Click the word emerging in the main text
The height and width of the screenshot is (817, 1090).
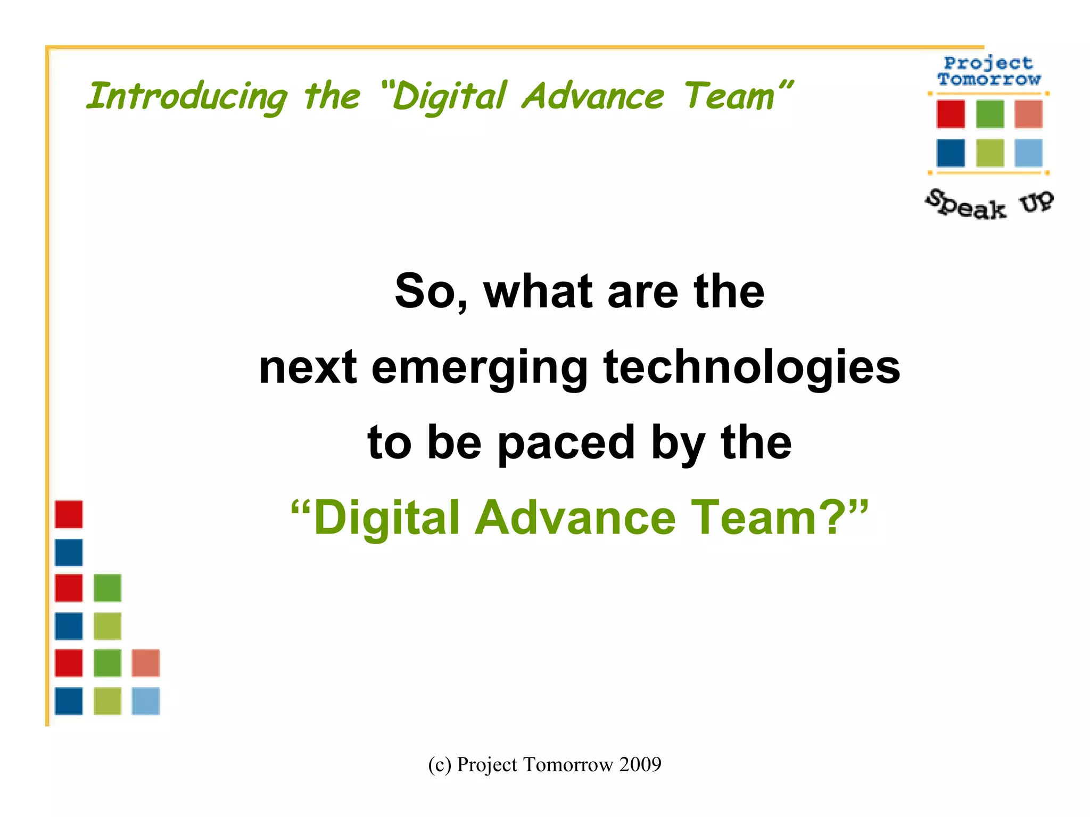tap(479, 368)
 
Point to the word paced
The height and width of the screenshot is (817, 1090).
tap(566, 443)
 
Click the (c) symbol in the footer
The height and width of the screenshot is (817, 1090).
tap(439, 764)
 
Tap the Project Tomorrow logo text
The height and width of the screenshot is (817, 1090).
tap(988, 71)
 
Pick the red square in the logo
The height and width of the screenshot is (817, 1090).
tap(951, 114)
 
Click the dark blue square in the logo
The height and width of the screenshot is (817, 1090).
tap(951, 153)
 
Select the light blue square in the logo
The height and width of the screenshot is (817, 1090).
tap(1028, 153)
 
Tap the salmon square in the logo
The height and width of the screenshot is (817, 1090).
tap(1028, 114)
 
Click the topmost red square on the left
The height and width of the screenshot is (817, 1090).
tap(69, 514)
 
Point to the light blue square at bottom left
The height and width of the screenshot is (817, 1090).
tap(145, 701)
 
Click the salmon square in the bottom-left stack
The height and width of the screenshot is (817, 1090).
tap(145, 663)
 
